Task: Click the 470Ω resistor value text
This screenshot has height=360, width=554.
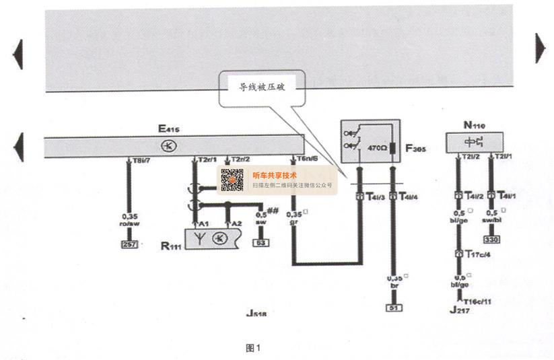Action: (375, 146)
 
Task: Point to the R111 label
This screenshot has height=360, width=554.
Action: (171, 246)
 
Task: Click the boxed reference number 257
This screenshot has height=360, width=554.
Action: (129, 244)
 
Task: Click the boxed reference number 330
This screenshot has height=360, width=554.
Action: (493, 239)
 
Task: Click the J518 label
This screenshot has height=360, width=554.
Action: (256, 313)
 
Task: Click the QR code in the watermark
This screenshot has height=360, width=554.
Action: (232, 180)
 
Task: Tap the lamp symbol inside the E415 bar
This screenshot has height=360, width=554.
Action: (165, 145)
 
